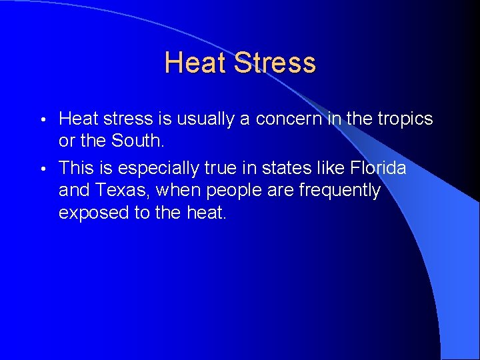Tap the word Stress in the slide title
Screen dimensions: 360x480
click(275, 63)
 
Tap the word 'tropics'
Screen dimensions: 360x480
click(405, 119)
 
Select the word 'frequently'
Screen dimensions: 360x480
click(339, 191)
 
